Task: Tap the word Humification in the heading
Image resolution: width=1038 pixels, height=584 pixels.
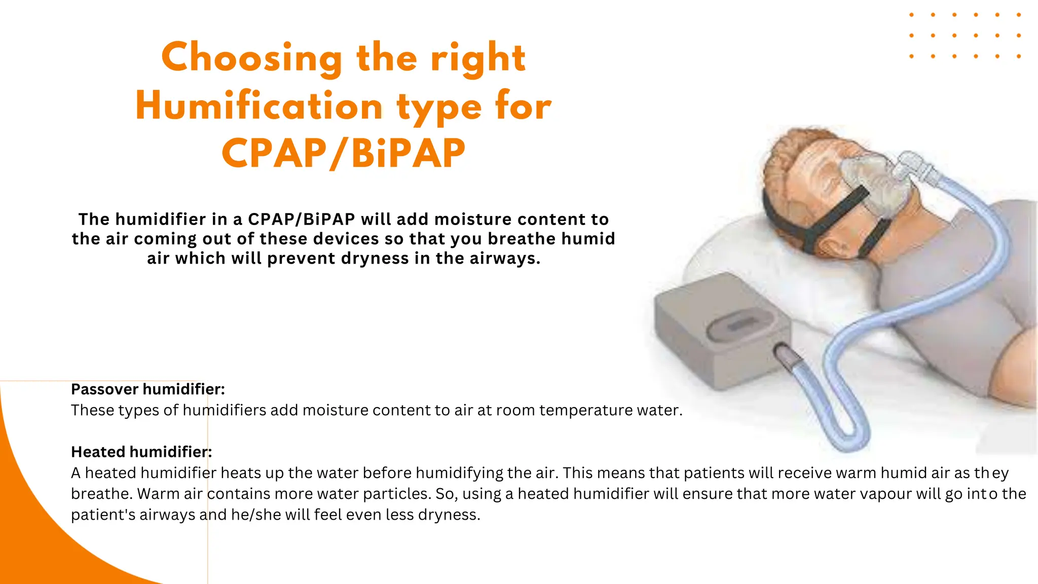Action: click(259, 106)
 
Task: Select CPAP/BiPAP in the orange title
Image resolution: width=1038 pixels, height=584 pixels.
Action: click(343, 154)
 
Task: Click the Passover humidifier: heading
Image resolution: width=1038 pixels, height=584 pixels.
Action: click(147, 389)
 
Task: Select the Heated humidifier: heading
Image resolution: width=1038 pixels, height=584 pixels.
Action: click(141, 452)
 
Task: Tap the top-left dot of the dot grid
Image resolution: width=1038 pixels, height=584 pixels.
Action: click(912, 15)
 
